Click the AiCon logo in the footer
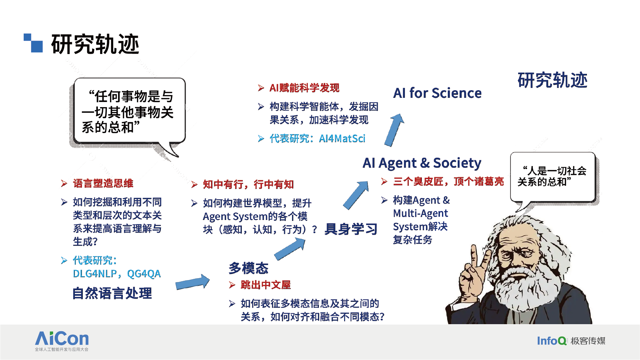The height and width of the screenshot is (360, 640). tap(62, 341)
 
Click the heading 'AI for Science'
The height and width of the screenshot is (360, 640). tap(437, 93)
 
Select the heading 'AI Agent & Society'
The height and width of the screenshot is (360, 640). tap(422, 163)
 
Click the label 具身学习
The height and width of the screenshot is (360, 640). tap(351, 229)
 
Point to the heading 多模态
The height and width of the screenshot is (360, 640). tap(249, 268)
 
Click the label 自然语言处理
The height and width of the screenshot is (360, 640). tap(112, 293)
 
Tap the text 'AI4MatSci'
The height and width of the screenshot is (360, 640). tap(342, 138)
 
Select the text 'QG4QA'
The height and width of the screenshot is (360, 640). tap(144, 274)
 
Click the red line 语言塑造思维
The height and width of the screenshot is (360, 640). tap(103, 183)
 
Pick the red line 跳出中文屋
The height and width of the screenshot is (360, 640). tap(265, 285)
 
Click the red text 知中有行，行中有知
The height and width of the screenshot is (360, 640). tap(248, 184)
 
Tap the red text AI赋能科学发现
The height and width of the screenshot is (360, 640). tap(304, 88)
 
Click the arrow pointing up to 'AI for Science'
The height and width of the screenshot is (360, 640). tap(394, 130)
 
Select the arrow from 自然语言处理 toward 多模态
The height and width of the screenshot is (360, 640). tap(193, 282)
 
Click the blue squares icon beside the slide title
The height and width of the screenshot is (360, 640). tap(33, 43)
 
